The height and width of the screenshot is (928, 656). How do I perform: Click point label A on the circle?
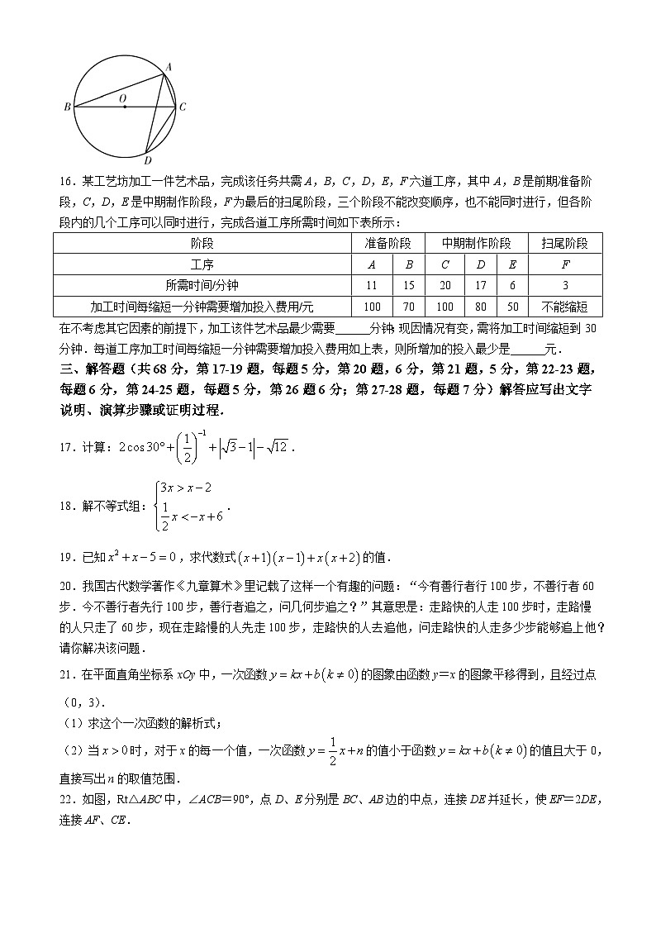point(169,67)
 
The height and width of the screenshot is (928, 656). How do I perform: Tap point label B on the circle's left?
point(66,107)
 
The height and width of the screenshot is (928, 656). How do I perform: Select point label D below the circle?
point(147,160)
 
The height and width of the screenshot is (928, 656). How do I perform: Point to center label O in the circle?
point(123,98)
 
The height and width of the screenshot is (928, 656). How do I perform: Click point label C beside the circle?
point(183,107)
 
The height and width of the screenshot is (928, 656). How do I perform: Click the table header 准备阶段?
point(388,243)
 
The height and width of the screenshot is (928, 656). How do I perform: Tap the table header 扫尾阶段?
point(565,243)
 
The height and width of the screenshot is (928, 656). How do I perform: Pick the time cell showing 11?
point(371,285)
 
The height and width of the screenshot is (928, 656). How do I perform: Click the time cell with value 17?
point(480,285)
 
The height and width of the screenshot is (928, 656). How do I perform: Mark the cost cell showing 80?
point(480,306)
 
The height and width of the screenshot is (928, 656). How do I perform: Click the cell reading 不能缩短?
point(565,306)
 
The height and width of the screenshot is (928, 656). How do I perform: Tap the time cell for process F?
point(565,285)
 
